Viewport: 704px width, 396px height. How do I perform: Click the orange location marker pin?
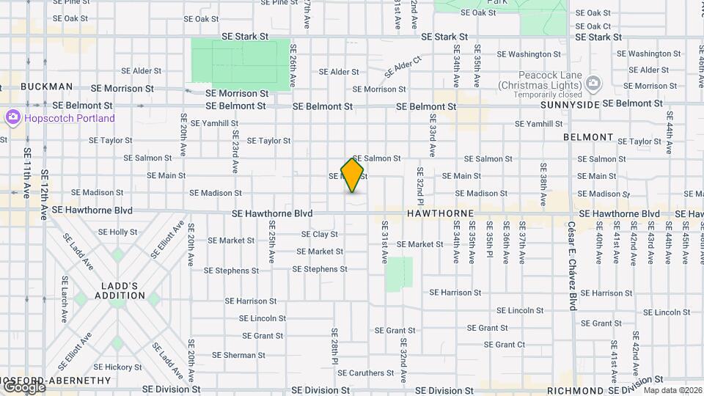[352, 175]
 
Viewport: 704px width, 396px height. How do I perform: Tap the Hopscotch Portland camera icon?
[12, 117]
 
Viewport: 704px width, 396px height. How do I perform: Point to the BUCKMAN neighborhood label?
[47, 86]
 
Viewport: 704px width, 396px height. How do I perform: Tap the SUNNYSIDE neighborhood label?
[571, 105]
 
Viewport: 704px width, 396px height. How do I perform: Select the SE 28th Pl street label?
[334, 346]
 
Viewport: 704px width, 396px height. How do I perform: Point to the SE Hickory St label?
[117, 367]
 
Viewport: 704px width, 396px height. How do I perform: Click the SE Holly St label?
[117, 232]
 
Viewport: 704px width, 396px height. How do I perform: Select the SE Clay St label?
[320, 235]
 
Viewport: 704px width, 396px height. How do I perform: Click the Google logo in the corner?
[23, 386]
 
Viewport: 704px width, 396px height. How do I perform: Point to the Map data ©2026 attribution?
[672, 390]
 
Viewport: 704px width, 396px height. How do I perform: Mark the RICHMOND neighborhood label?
[575, 390]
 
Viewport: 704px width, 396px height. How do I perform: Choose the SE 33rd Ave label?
[433, 136]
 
